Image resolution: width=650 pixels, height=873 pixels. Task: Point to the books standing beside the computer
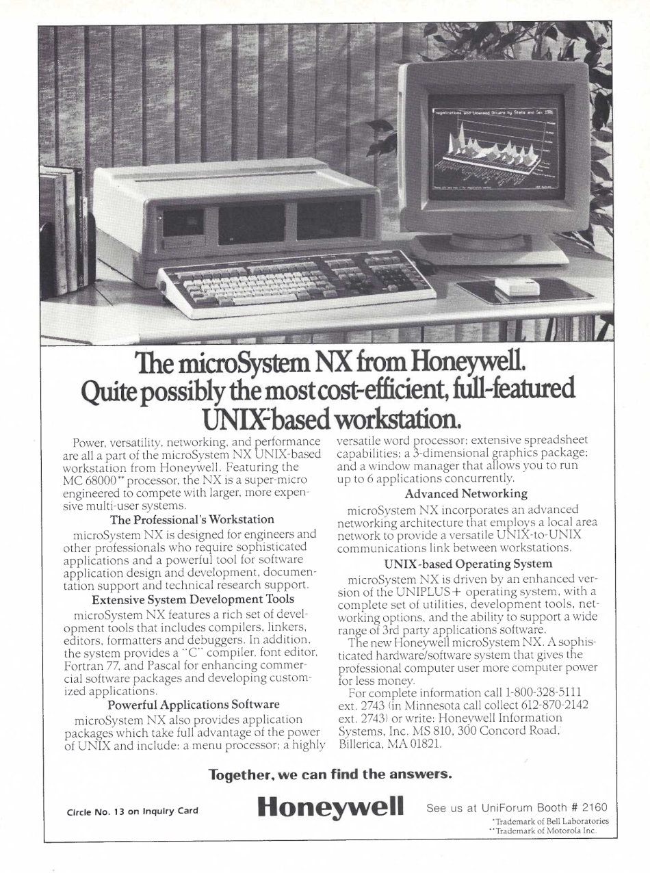(x=66, y=226)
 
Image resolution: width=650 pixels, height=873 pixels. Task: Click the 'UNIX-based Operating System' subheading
(x=468, y=564)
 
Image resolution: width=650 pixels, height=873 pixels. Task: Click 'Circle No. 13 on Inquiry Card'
(x=132, y=811)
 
